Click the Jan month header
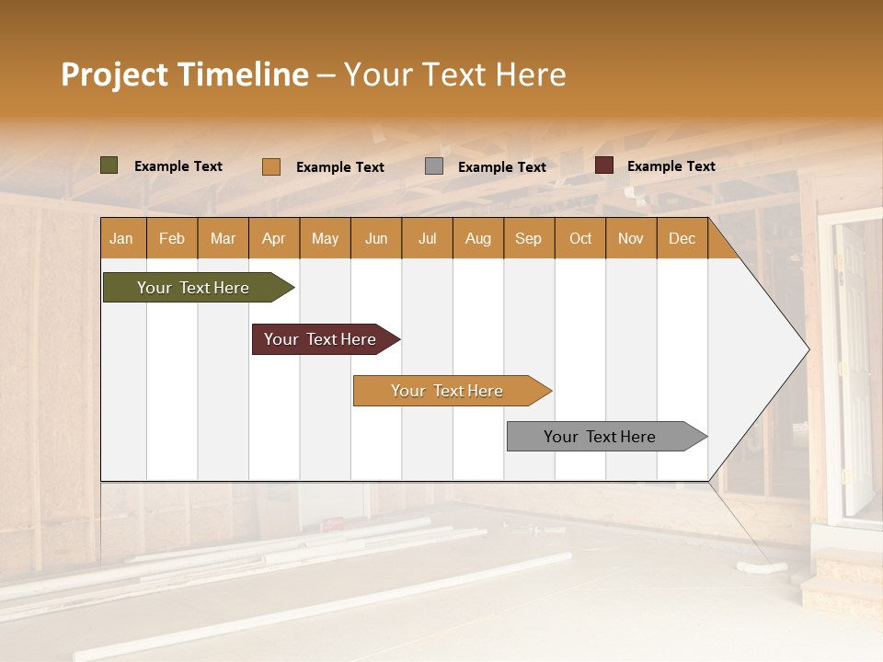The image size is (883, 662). click(x=122, y=239)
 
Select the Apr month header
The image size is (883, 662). click(x=274, y=239)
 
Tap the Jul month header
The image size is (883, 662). click(x=428, y=239)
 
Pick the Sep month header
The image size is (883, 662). click(x=529, y=239)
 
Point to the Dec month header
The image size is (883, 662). click(x=682, y=239)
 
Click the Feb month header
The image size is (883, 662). click(x=172, y=239)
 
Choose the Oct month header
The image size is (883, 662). click(x=580, y=239)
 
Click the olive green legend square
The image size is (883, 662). click(x=109, y=165)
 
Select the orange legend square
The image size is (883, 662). click(x=270, y=166)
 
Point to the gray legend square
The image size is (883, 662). click(x=434, y=166)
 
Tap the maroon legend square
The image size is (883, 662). click(x=604, y=165)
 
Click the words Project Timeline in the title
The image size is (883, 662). click(x=185, y=74)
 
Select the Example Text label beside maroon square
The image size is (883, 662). click(x=671, y=166)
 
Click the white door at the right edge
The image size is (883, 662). click(x=854, y=368)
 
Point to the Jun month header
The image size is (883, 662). click(x=376, y=239)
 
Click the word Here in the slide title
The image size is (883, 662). click(x=531, y=74)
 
